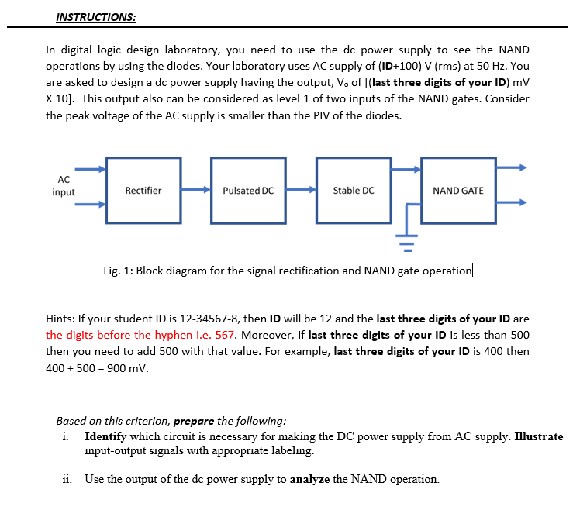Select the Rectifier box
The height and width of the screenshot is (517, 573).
pyautogui.click(x=143, y=191)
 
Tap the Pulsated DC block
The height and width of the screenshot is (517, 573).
pyautogui.click(x=247, y=191)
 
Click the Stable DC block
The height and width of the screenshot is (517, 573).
pyautogui.click(x=353, y=191)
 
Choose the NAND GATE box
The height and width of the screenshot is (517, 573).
pyautogui.click(x=457, y=191)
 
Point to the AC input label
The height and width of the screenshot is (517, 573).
pyautogui.click(x=64, y=186)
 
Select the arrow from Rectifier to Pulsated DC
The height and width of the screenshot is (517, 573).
pyautogui.click(x=195, y=190)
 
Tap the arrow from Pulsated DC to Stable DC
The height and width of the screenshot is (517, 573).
pyautogui.click(x=299, y=190)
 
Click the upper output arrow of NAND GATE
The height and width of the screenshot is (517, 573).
pyautogui.click(x=512, y=167)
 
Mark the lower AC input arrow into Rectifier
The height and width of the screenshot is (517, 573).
pyautogui.click(x=90, y=205)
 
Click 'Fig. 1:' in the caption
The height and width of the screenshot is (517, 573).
pyautogui.click(x=118, y=271)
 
